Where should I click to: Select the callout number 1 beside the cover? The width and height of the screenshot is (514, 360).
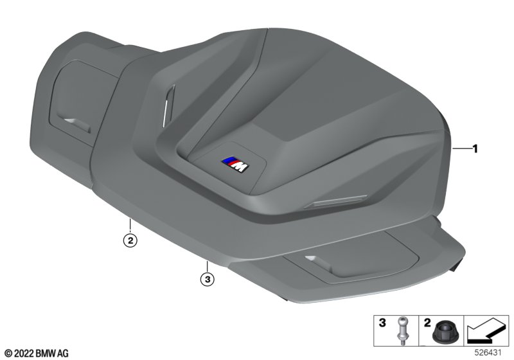[x=475, y=149]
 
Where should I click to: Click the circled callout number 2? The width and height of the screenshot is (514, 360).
[x=130, y=240]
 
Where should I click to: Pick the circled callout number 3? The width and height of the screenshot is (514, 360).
[x=207, y=280]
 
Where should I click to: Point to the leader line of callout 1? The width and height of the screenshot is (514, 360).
[x=461, y=149]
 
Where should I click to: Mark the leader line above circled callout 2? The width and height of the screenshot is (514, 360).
[x=130, y=225]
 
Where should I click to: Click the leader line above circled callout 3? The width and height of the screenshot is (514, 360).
[x=207, y=266]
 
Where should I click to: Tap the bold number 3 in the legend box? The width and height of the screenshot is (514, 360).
[x=382, y=323]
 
